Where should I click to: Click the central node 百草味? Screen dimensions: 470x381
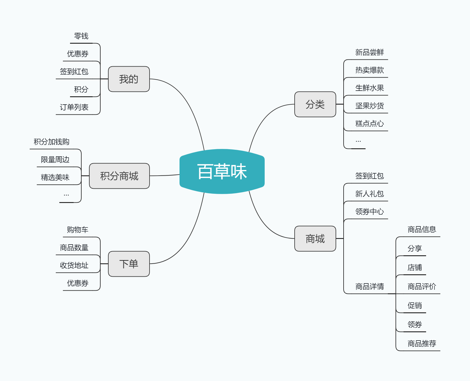coord(222,171)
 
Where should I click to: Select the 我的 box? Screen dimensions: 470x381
coord(129,79)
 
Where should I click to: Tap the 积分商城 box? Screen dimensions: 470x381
coord(119,176)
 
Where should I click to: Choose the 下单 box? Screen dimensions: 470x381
coord(129,264)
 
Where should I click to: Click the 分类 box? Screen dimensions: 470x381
coord(315,104)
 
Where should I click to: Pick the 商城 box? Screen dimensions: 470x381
coord(315,238)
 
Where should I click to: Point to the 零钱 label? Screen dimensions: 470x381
coord(81,36)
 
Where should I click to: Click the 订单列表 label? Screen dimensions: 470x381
coord(74,107)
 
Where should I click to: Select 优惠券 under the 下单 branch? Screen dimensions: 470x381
coord(78,283)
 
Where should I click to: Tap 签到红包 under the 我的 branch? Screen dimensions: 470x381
coord(74,71)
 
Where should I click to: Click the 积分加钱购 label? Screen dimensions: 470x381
coord(51,142)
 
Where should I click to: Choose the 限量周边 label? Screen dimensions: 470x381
coord(55,159)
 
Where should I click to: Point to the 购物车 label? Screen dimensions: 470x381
coord(78,230)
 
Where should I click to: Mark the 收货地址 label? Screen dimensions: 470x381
coord(74,265)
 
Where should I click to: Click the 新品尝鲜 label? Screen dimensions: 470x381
coord(370,52)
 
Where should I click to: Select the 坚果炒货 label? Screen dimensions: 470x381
coord(370,106)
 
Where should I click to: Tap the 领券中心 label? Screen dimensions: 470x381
coord(370,212)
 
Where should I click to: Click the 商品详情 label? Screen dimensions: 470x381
coord(370,286)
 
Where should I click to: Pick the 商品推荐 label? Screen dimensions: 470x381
coord(422,344)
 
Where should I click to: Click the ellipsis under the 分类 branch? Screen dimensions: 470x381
coord(358,141)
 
